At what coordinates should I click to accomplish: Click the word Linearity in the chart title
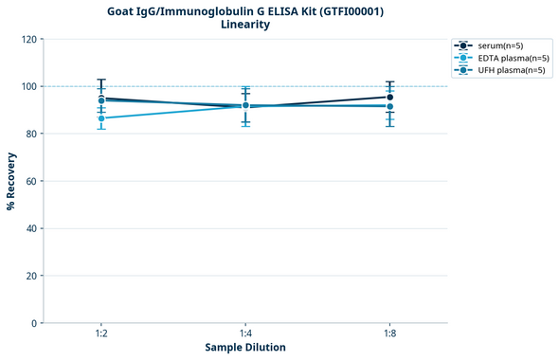(x=244, y=25)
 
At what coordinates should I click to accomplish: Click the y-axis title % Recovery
(x=11, y=181)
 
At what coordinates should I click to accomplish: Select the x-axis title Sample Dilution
(x=245, y=348)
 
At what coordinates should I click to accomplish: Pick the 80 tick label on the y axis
(x=30, y=134)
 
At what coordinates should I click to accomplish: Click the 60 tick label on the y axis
(x=30, y=181)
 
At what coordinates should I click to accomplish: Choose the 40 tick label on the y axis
(x=30, y=228)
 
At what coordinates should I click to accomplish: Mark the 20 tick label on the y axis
(x=30, y=276)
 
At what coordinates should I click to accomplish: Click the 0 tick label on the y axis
(x=33, y=323)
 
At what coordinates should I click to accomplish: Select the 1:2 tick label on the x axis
(x=101, y=333)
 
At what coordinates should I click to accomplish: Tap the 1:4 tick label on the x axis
(x=245, y=333)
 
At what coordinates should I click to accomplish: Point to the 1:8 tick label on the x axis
(x=389, y=333)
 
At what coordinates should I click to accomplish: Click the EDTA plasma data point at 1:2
(x=101, y=118)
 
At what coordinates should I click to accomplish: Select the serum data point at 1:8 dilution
(x=389, y=97)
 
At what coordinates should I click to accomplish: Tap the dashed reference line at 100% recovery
(x=313, y=86)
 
